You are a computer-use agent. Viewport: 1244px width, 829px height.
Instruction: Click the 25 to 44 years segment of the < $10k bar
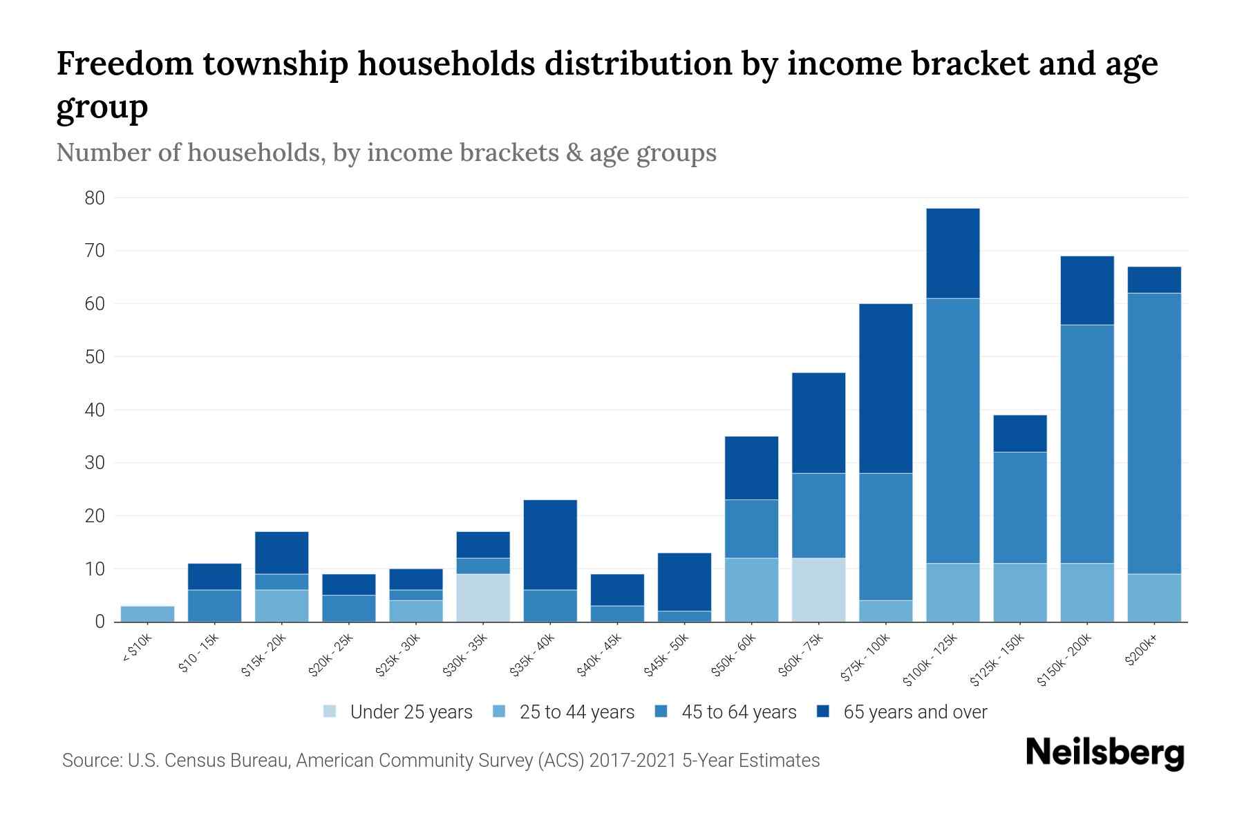[147, 613]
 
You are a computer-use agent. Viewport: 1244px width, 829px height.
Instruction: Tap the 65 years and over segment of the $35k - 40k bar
[550, 544]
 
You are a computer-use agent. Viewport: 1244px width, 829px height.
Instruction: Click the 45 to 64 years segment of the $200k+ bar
[1153, 433]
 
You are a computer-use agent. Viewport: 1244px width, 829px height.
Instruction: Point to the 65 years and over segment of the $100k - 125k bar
[952, 253]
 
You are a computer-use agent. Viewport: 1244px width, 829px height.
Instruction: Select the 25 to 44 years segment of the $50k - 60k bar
[751, 589]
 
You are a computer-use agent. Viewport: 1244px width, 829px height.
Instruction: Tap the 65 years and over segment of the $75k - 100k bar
[885, 388]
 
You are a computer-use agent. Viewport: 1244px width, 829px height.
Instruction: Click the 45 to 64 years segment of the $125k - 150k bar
[1019, 508]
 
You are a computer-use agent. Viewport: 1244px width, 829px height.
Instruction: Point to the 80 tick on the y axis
[95, 198]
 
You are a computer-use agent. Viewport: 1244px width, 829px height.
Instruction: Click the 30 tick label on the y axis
[95, 463]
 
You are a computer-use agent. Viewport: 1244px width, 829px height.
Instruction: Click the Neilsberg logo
[1104, 753]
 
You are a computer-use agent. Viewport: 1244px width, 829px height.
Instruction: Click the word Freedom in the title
[122, 64]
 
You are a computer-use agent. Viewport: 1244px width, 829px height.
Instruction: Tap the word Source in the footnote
[91, 761]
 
